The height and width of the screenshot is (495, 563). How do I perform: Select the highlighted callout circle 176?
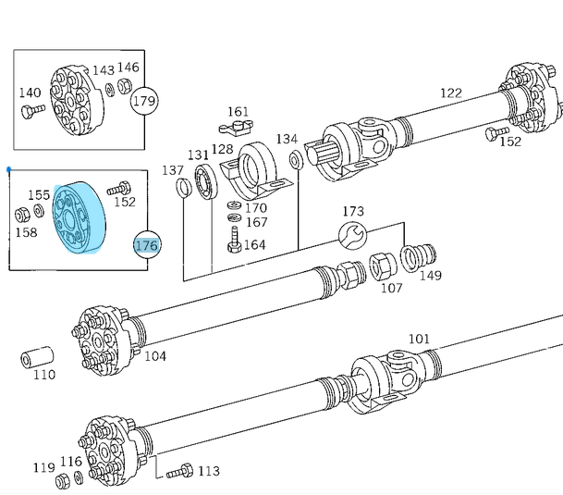pyautogui.click(x=147, y=245)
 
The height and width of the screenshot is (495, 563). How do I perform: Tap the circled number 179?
pyautogui.click(x=145, y=101)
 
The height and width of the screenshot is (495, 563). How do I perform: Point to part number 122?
pyautogui.click(x=450, y=93)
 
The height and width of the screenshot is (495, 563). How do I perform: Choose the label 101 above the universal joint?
pyautogui.click(x=419, y=339)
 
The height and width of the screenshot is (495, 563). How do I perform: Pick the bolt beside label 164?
pyautogui.click(x=234, y=243)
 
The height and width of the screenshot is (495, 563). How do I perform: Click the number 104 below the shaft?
pyautogui.click(x=154, y=356)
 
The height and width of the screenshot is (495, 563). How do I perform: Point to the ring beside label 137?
pyautogui.click(x=185, y=189)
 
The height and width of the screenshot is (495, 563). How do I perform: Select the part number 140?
pyautogui.click(x=31, y=93)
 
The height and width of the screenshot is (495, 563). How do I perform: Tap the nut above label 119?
pyautogui.click(x=63, y=480)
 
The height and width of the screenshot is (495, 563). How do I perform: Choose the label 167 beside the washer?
pyautogui.click(x=256, y=222)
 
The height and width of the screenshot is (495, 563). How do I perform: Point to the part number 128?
pyautogui.click(x=222, y=149)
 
